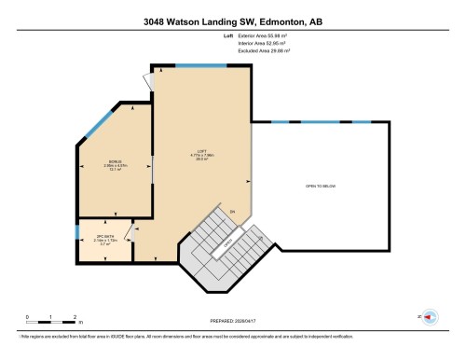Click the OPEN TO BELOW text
[320, 186]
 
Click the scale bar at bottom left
[50, 323]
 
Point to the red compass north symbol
[430, 319]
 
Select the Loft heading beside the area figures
[228, 37]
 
